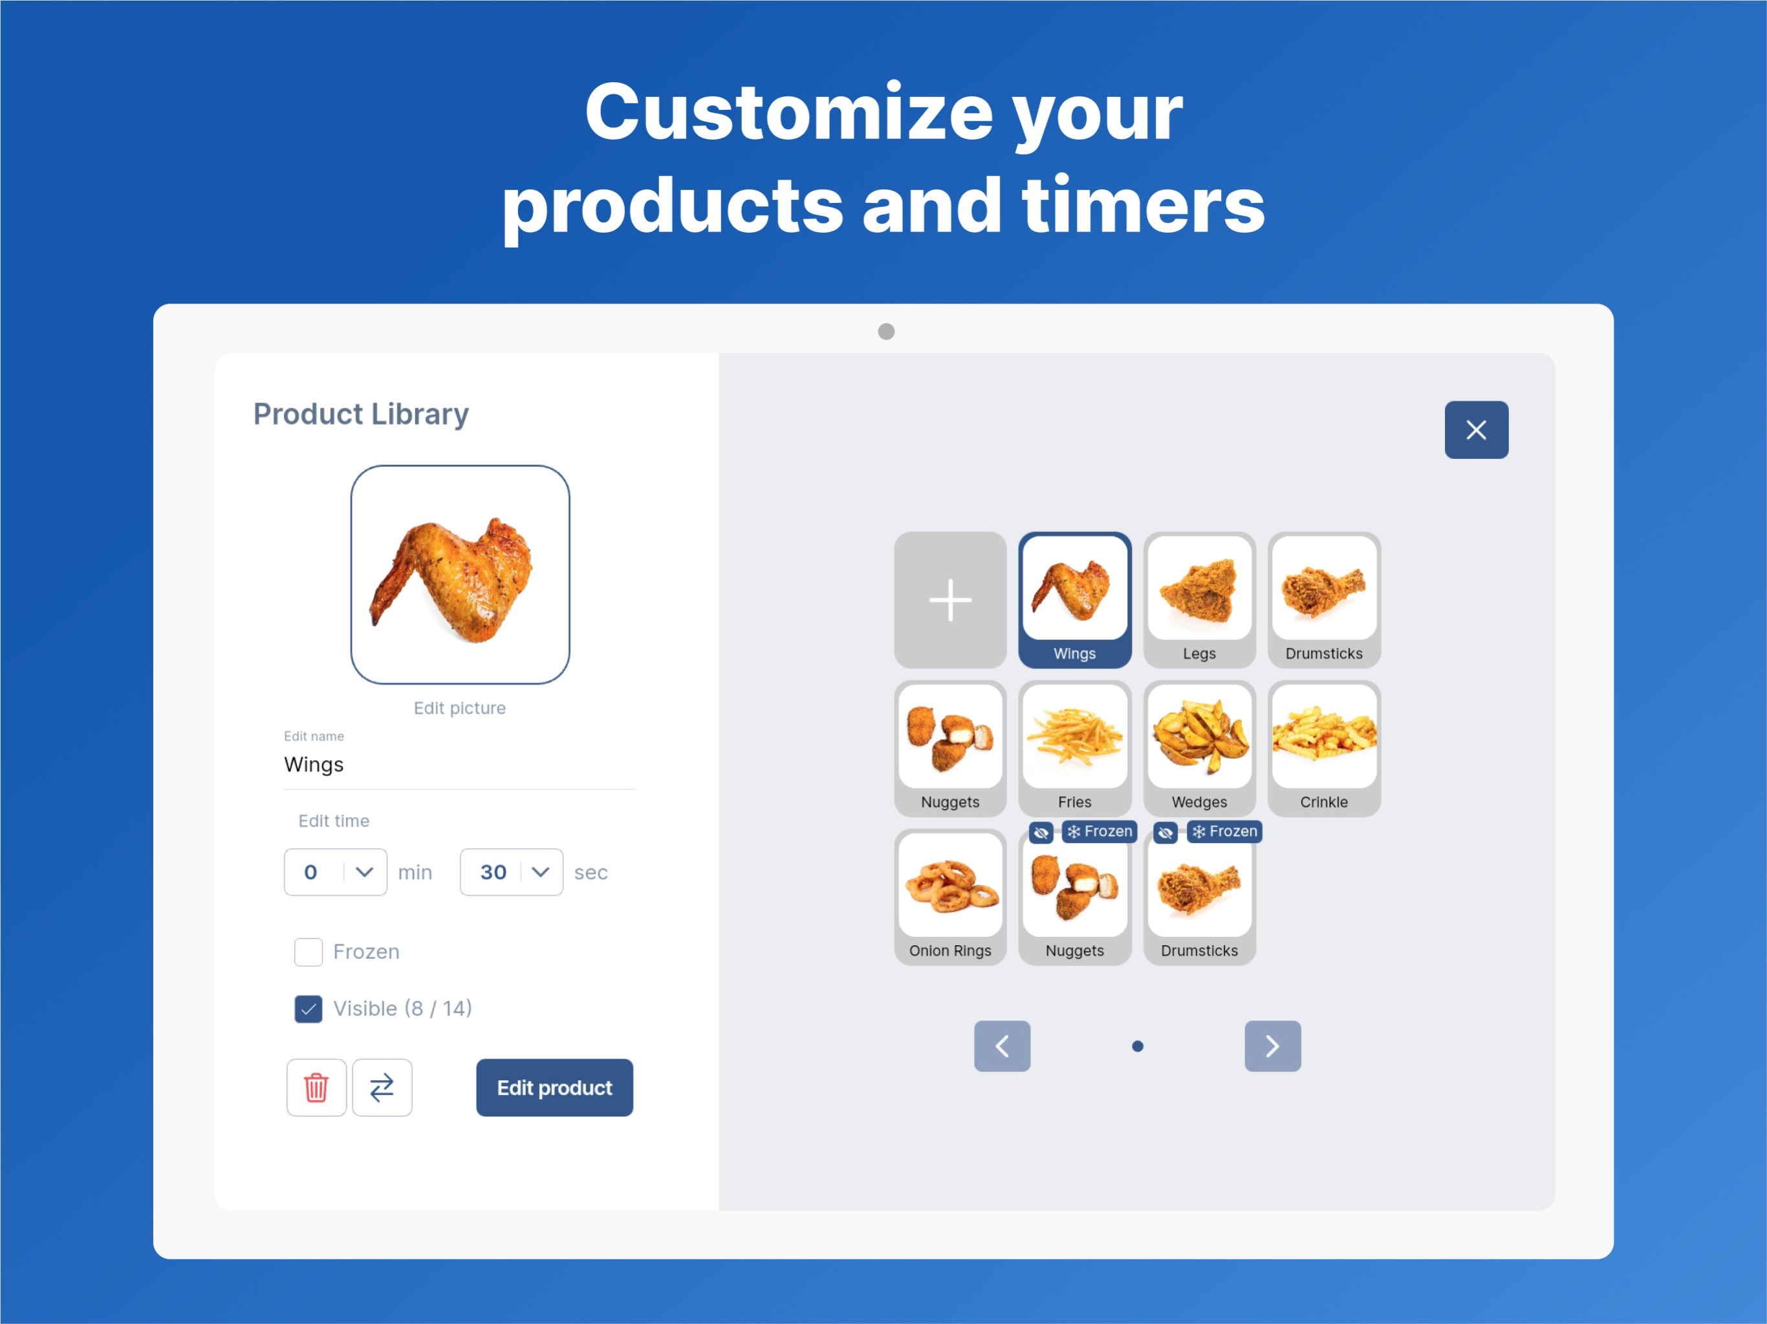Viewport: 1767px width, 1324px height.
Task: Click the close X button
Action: pyautogui.click(x=1476, y=430)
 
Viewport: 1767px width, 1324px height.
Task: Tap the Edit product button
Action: pyautogui.click(x=554, y=1087)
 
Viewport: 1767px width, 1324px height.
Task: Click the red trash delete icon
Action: pyautogui.click(x=316, y=1087)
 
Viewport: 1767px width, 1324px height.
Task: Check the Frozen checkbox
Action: pyautogui.click(x=309, y=952)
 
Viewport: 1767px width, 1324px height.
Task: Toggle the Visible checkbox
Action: pyautogui.click(x=309, y=1009)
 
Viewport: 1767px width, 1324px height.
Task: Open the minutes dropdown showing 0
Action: pyautogui.click(x=336, y=872)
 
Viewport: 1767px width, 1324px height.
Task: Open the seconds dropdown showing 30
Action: pyautogui.click(x=511, y=872)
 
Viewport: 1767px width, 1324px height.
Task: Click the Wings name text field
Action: pyautogui.click(x=459, y=765)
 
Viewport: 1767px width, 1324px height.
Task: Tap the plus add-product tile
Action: pyautogui.click(x=950, y=600)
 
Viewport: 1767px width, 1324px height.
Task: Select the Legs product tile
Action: pyautogui.click(x=1199, y=600)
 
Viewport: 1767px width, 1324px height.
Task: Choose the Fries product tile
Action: pyautogui.click(x=1074, y=748)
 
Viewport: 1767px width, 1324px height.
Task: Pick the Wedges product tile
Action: pyautogui.click(x=1199, y=748)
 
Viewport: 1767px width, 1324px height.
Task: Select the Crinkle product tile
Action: pyautogui.click(x=1324, y=748)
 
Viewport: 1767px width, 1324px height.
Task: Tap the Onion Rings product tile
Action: pyautogui.click(x=950, y=897)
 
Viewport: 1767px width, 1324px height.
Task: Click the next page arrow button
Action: pyautogui.click(x=1272, y=1046)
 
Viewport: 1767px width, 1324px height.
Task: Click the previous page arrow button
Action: pyautogui.click(x=1002, y=1046)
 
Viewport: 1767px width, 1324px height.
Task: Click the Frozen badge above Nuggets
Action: pyautogui.click(x=1099, y=831)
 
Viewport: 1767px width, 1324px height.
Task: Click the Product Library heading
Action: pyautogui.click(x=361, y=414)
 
